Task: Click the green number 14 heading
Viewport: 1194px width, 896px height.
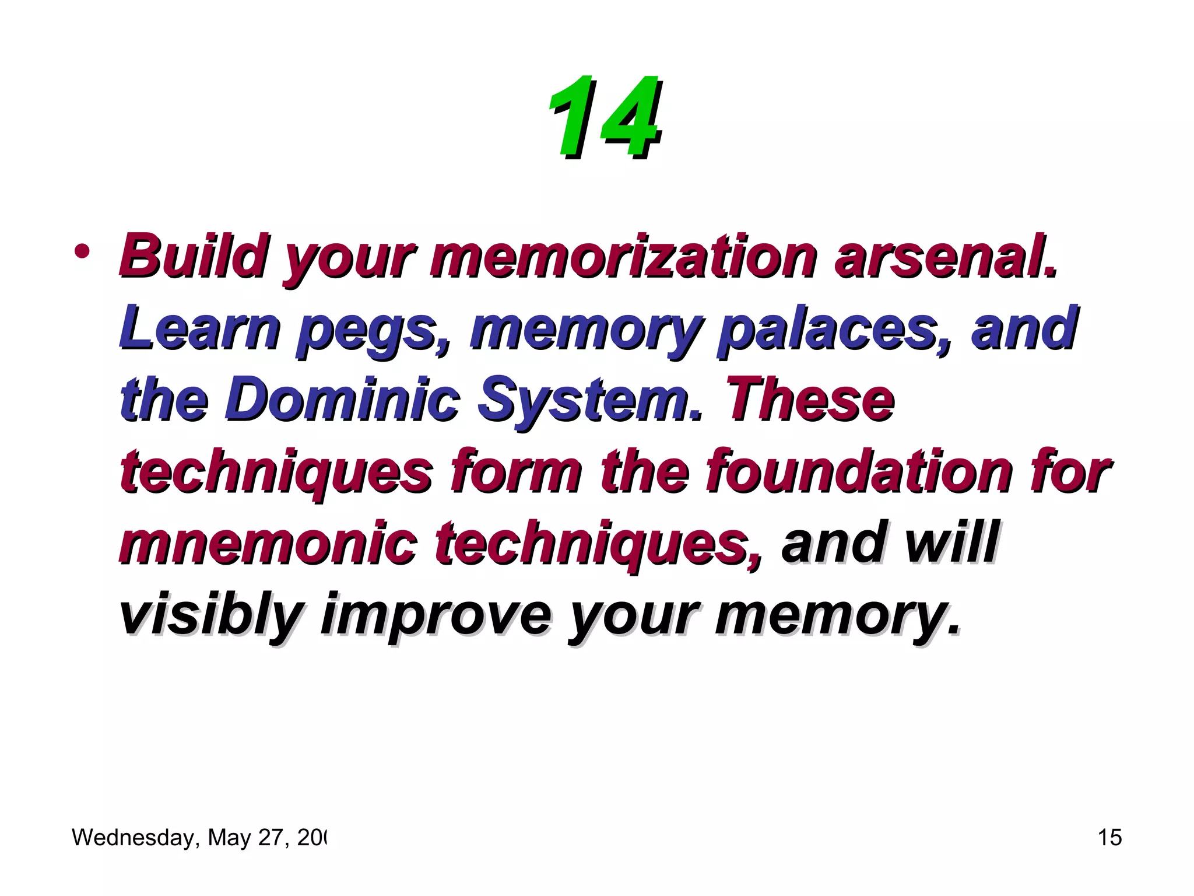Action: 605,118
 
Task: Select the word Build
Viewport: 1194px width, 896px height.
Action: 193,256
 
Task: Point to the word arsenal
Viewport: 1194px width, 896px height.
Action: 945,256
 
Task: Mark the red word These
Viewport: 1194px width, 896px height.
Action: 810,400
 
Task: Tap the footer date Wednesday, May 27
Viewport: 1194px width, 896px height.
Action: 199,838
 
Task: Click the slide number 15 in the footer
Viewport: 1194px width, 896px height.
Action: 1109,838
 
